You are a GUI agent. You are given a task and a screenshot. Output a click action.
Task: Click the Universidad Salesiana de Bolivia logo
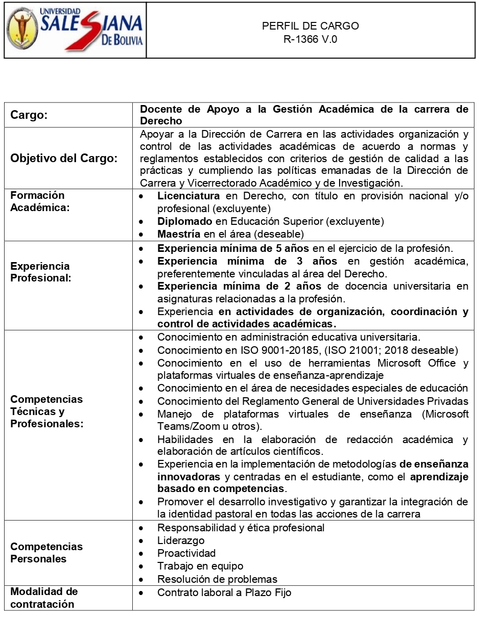point(75,30)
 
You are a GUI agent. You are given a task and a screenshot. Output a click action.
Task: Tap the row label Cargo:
point(29,115)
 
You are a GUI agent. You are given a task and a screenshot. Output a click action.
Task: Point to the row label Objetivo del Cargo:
point(64,158)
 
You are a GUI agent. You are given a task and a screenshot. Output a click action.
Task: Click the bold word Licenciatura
point(188,196)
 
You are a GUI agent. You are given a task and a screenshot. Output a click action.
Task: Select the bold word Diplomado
point(184,221)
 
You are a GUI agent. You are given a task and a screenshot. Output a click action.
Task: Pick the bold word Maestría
point(179,234)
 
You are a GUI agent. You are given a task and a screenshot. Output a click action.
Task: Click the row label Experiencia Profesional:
point(40,272)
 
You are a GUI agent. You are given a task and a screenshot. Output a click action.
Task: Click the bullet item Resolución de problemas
point(217,579)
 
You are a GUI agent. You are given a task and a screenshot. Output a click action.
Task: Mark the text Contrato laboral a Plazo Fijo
point(224,592)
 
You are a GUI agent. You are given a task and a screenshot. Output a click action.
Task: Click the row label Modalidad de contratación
point(44,598)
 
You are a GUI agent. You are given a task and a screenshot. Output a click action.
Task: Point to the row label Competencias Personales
point(46,553)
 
